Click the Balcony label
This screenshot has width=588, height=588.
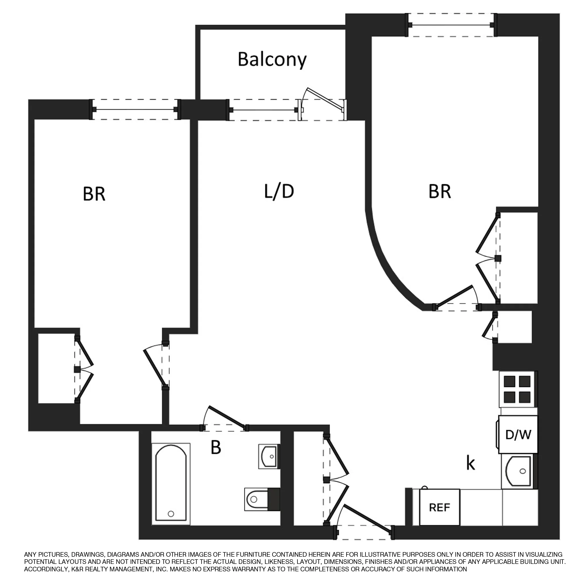[x=272, y=60]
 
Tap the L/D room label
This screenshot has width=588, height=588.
[x=279, y=192]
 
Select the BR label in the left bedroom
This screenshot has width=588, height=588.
[x=94, y=194]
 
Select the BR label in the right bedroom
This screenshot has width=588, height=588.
[x=440, y=192]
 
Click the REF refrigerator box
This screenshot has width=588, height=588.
[x=439, y=507]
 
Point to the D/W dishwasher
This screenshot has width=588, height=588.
[x=518, y=435]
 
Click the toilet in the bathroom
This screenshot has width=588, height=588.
[x=259, y=500]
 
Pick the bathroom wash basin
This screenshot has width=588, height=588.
[x=268, y=457]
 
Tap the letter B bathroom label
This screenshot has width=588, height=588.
[x=216, y=448]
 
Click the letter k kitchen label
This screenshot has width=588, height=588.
[x=471, y=463]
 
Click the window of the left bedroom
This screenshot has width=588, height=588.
[x=135, y=110]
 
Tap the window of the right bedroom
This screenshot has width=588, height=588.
[x=452, y=25]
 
